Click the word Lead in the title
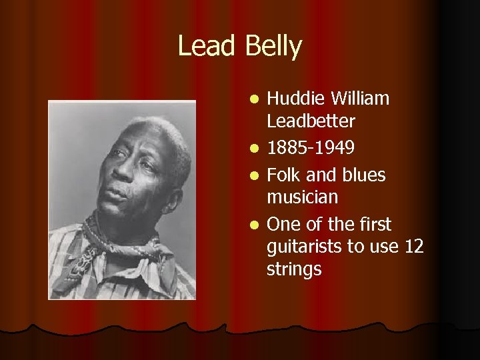pos(207,47)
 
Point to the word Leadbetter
pos(311,121)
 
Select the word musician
pos(302,197)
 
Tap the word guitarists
pos(304,247)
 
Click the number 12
pos(414,247)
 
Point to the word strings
pos(294,269)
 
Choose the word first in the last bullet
pos(375,225)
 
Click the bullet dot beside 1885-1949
pos(254,147)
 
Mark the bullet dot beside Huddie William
pos(254,101)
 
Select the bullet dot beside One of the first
pos(254,225)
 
